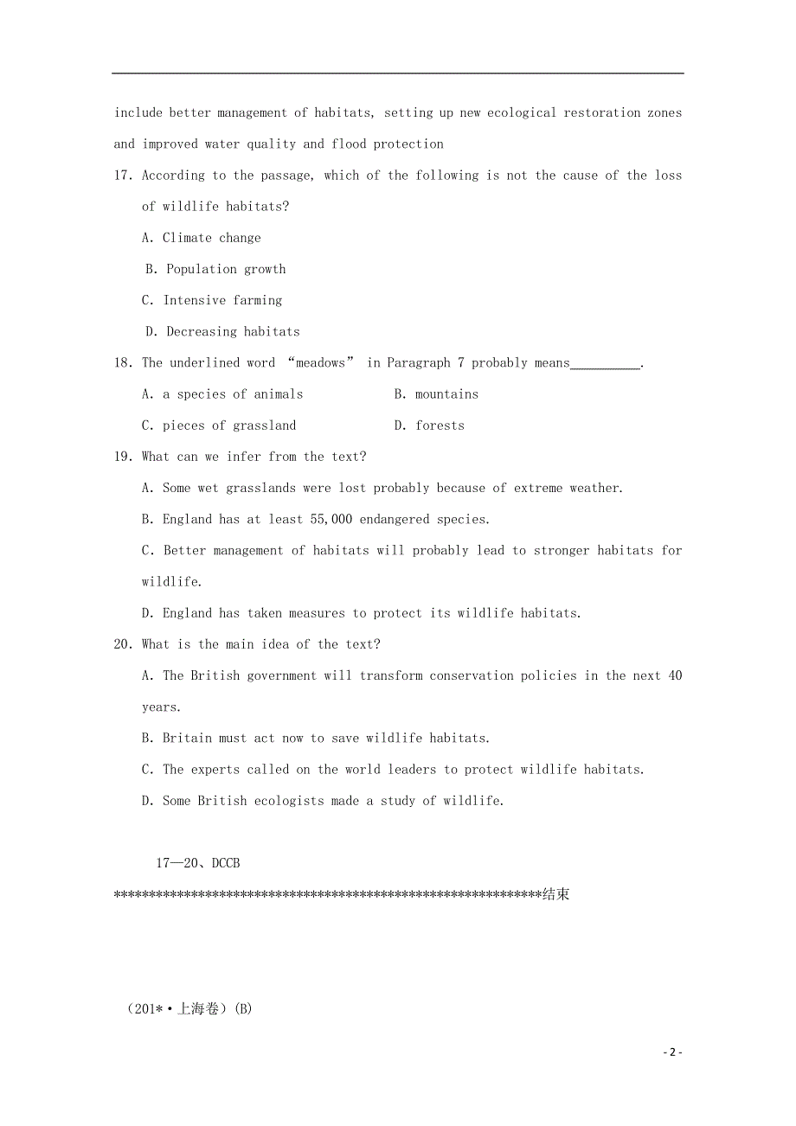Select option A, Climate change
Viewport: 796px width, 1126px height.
211,238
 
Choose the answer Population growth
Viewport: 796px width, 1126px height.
226,269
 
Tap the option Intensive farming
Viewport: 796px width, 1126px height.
222,300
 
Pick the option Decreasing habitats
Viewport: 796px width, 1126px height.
233,331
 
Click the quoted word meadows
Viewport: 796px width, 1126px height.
320,363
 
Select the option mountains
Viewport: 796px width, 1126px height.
446,394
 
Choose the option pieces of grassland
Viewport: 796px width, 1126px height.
229,425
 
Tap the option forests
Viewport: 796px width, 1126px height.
440,425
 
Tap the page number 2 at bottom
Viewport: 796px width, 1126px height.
672,1052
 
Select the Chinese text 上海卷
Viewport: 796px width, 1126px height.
198,1009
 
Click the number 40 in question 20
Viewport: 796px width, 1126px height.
674,675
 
